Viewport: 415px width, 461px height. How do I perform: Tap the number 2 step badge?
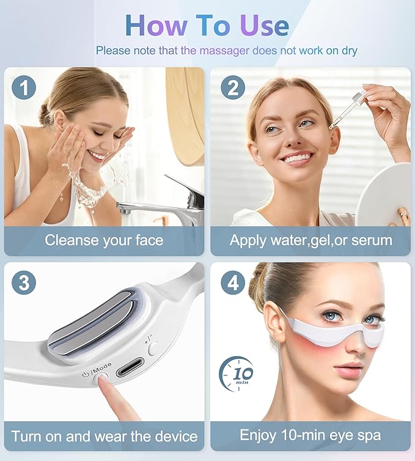point(232,88)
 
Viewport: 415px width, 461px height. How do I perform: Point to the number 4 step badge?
point(232,283)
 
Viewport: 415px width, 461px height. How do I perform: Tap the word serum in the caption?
point(371,240)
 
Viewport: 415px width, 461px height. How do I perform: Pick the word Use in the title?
point(263,25)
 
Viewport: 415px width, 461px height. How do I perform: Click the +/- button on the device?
point(153,347)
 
